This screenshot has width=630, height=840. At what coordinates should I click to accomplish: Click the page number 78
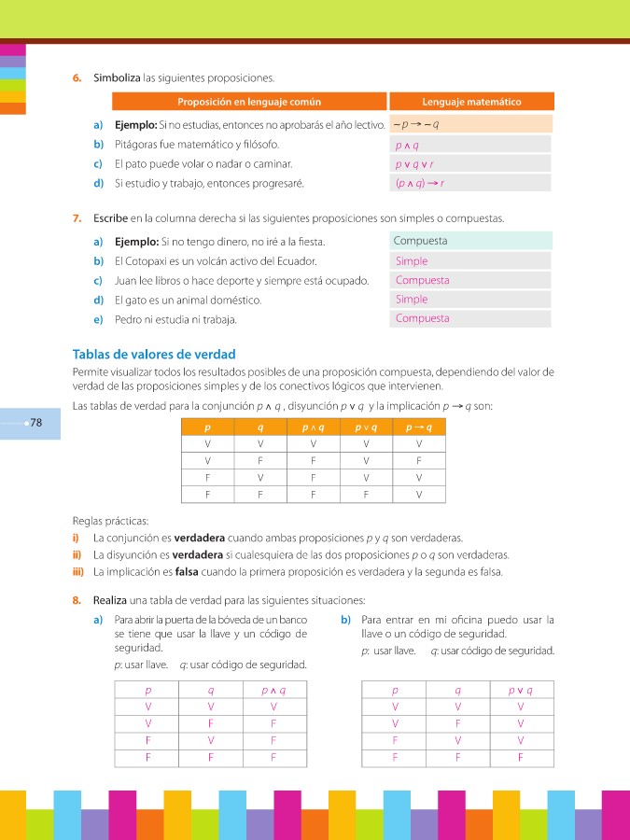tap(36, 423)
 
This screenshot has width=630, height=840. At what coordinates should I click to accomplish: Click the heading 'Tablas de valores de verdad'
tap(154, 355)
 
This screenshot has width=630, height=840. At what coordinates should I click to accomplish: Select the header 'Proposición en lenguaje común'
tap(248, 102)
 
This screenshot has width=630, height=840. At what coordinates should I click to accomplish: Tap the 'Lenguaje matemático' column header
tap(471, 102)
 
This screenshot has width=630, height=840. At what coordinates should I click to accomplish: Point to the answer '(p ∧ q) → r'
tap(420, 183)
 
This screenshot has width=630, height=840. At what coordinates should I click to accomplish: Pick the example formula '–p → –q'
tap(416, 124)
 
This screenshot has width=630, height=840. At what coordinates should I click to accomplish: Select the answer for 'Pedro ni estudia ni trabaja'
tap(422, 318)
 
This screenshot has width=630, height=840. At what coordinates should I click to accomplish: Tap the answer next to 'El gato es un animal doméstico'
tap(412, 300)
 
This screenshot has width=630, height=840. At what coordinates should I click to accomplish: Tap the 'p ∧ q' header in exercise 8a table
tap(273, 691)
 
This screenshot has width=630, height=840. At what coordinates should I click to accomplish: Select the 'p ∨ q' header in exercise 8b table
tap(520, 691)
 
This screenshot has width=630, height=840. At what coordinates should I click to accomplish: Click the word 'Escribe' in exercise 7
tap(111, 218)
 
